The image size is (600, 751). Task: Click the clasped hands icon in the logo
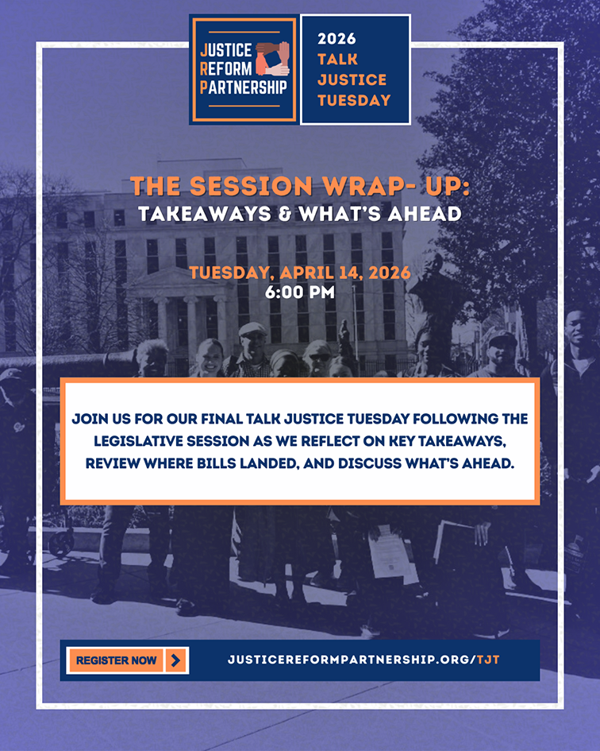coord(273,60)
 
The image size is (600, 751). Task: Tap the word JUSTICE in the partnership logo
coord(226,50)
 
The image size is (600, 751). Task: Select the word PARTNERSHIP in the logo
coord(243,87)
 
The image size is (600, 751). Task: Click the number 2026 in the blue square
coord(337,38)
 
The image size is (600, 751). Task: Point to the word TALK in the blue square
coord(338,60)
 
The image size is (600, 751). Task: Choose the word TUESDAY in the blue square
coord(354,100)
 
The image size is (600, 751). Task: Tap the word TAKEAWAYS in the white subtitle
coord(205,214)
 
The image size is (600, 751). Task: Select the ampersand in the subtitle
coord(285,214)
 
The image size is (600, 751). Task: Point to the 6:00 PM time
coord(300,292)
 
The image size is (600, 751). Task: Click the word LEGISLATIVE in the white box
coord(138,441)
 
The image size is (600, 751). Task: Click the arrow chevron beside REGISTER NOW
coord(175,660)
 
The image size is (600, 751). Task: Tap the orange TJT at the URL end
coord(488,660)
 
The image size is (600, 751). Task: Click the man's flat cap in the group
coord(252,329)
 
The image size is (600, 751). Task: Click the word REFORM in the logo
coord(226,68)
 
